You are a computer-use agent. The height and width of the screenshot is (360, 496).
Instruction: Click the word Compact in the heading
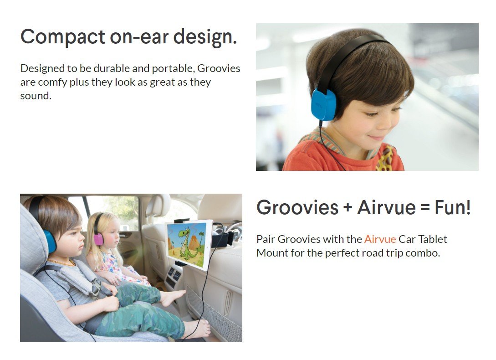coord(63,37)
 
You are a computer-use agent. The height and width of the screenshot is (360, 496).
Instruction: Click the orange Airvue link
coord(380,239)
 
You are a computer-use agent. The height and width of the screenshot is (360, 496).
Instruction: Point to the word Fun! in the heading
coord(453,208)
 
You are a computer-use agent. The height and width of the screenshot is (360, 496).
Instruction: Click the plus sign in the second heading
coord(348,208)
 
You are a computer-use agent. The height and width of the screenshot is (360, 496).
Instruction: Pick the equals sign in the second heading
coord(425,208)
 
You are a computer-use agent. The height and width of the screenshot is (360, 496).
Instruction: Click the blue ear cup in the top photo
coord(323,105)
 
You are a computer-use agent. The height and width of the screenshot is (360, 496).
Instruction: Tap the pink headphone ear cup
coord(98,239)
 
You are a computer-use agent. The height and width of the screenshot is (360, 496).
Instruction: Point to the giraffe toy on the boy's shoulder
coord(385,158)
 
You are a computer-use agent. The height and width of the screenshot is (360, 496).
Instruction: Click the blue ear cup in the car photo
coord(50,241)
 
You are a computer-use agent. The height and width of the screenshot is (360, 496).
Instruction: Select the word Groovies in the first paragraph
coord(219,68)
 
